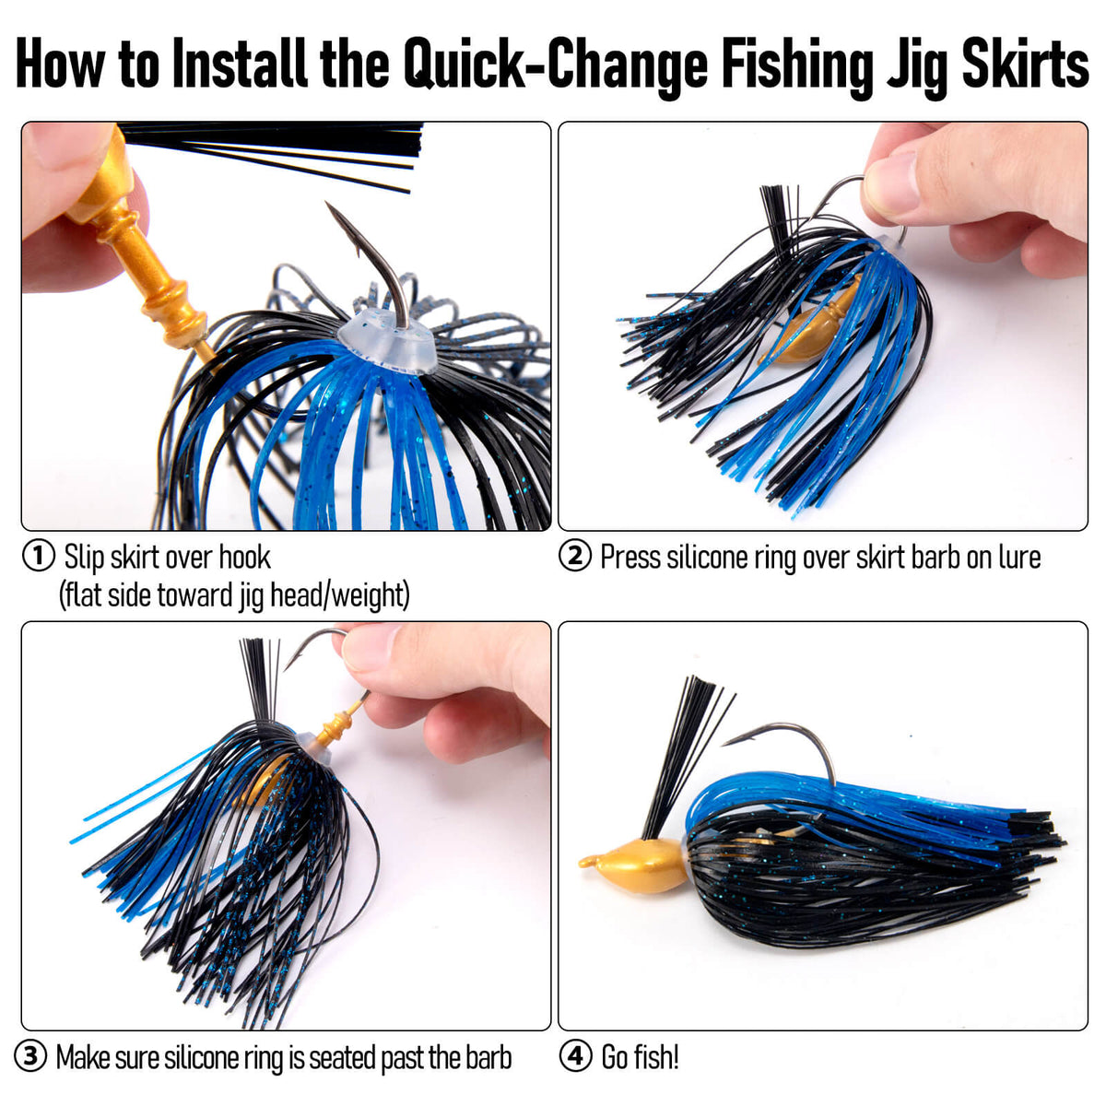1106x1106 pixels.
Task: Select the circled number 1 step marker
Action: tap(38, 556)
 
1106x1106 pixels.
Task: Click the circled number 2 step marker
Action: tap(574, 556)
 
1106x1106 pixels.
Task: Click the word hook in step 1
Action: tap(244, 557)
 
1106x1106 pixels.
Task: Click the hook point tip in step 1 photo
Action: tap(326, 203)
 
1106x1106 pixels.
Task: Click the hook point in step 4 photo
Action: tap(723, 745)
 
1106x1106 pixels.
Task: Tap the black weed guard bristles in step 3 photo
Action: tap(259, 682)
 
